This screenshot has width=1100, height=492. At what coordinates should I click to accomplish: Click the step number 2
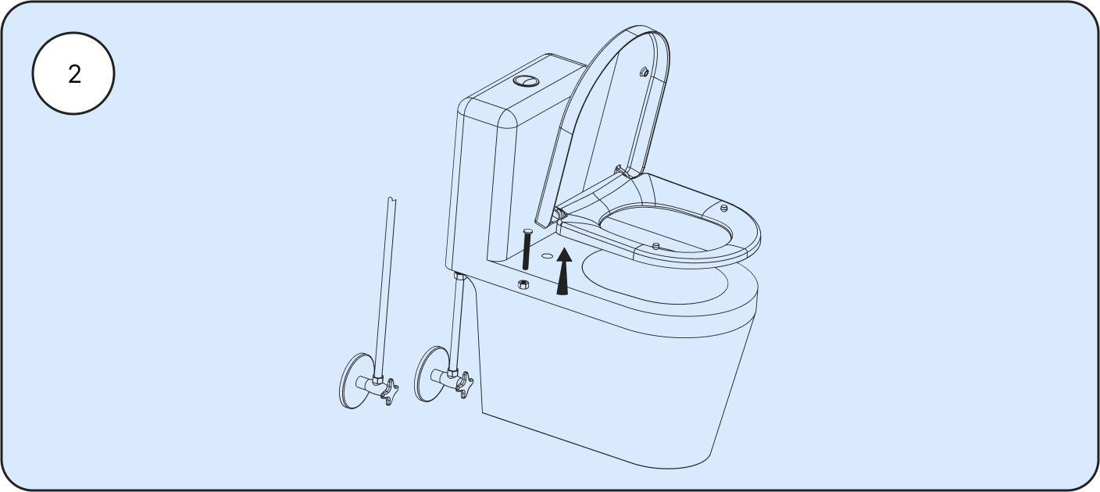point(74,75)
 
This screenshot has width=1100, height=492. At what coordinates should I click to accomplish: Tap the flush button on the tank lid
point(526,80)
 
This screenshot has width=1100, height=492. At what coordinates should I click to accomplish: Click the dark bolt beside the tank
point(527,249)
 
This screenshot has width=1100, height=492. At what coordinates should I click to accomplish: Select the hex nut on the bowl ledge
point(523,283)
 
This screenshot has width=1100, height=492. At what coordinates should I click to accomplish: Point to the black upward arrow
point(564,271)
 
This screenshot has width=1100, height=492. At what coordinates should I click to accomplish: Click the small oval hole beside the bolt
point(547,256)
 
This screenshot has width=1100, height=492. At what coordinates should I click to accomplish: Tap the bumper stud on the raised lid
point(645,73)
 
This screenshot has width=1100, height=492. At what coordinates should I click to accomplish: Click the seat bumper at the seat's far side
point(723,208)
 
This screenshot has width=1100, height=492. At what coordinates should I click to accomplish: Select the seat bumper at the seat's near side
point(656,245)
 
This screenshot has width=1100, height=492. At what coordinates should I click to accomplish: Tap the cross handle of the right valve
point(464,384)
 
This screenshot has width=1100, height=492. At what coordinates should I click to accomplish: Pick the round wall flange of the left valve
point(354,381)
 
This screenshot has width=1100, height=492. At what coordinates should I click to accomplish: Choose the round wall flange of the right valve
point(430,375)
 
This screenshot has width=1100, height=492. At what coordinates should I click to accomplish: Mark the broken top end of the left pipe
point(391,200)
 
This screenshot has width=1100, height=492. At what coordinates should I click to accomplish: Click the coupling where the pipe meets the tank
point(459,275)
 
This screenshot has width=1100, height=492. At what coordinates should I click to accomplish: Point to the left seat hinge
point(560,215)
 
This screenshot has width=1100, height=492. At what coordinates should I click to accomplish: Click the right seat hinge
point(622,171)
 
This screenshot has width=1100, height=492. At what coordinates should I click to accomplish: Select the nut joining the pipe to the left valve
point(377,380)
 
